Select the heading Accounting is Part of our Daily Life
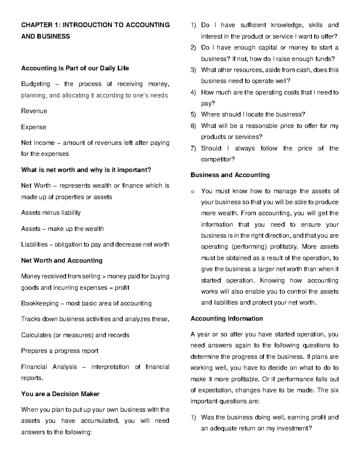(x=75, y=68)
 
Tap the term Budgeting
(x=35, y=84)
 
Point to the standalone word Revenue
(x=34, y=111)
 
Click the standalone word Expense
(x=34, y=127)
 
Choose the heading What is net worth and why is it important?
(x=86, y=170)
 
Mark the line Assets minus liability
(x=51, y=213)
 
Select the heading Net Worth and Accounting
(x=61, y=260)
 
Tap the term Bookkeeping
(x=40, y=303)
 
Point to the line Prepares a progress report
(x=60, y=351)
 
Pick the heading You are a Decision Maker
(x=60, y=394)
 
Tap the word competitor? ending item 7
(x=218, y=159)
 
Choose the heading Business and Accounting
(x=230, y=175)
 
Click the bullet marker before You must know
(x=193, y=191)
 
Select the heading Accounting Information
(x=226, y=319)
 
